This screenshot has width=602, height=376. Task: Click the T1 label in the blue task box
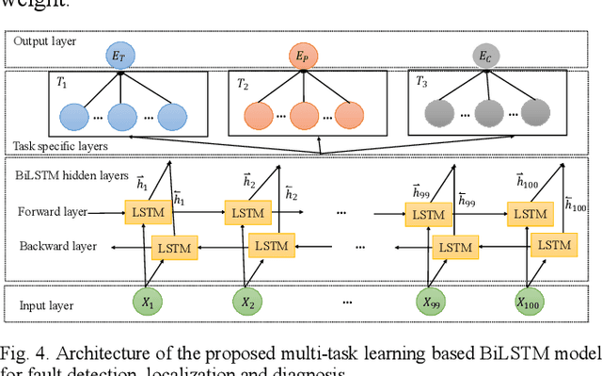pyautogui.click(x=61, y=83)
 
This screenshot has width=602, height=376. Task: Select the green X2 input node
pyautogui.click(x=246, y=303)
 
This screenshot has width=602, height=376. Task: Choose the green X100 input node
pyautogui.click(x=531, y=303)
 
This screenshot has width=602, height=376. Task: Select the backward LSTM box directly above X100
pyautogui.click(x=551, y=245)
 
